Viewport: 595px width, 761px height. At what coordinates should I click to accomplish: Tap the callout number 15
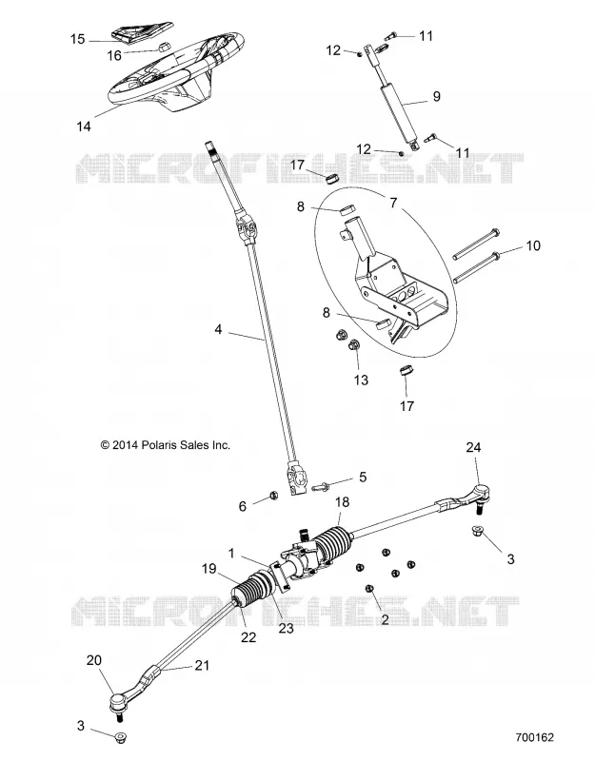pos(77,39)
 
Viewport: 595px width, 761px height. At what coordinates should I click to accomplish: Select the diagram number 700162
pos(534,737)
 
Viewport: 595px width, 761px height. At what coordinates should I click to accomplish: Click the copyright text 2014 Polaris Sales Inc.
pos(165,444)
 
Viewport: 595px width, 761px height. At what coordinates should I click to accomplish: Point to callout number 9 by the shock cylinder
pos(436,97)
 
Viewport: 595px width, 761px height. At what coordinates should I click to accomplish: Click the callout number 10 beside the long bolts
pos(533,245)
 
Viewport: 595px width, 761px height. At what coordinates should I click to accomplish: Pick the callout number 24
pos(473,447)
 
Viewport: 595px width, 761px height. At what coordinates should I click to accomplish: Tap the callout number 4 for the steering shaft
pos(218,329)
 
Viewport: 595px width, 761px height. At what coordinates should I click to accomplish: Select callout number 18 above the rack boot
pos(343,502)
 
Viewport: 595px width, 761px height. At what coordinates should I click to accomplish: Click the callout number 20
pos(94,660)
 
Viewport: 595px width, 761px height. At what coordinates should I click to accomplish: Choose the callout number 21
pos(202,665)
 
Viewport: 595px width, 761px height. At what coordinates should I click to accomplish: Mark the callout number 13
pos(361,380)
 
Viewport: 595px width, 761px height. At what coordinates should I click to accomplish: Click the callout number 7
pos(393,202)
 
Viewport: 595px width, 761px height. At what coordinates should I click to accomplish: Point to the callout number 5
pos(363,478)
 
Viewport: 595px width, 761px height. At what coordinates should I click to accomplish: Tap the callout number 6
pos(243,506)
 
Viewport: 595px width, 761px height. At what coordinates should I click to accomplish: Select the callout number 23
pos(287,628)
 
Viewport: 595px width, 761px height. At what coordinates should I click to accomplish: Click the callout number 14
pos(84,127)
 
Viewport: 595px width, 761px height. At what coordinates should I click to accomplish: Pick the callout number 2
pos(385,619)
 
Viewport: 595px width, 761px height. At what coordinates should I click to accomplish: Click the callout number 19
pos(208,568)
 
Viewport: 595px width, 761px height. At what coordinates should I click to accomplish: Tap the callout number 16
pos(114,56)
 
